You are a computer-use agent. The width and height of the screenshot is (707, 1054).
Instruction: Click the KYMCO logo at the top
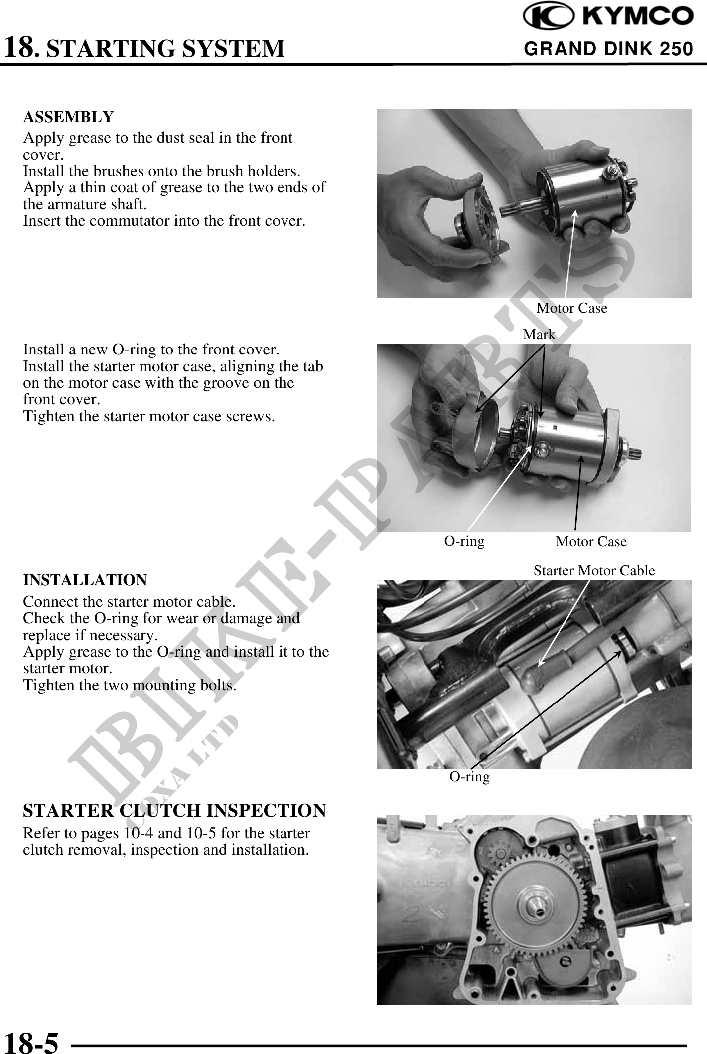[x=608, y=17]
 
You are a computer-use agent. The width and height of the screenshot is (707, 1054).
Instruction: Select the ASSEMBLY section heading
[x=68, y=117]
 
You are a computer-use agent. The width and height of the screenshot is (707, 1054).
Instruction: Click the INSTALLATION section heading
[x=85, y=580]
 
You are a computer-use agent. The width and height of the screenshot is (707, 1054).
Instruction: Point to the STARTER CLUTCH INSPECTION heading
[x=175, y=811]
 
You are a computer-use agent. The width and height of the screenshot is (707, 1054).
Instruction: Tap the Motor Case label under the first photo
[x=572, y=308]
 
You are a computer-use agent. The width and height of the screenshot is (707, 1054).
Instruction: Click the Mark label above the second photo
[x=539, y=335]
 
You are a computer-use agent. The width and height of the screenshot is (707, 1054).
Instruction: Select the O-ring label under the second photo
[x=464, y=541]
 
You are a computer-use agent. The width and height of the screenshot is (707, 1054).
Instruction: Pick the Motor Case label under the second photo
[x=591, y=542]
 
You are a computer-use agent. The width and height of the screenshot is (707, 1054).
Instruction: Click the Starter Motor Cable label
[x=594, y=571]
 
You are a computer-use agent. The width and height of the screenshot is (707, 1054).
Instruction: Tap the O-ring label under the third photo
[x=470, y=776]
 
